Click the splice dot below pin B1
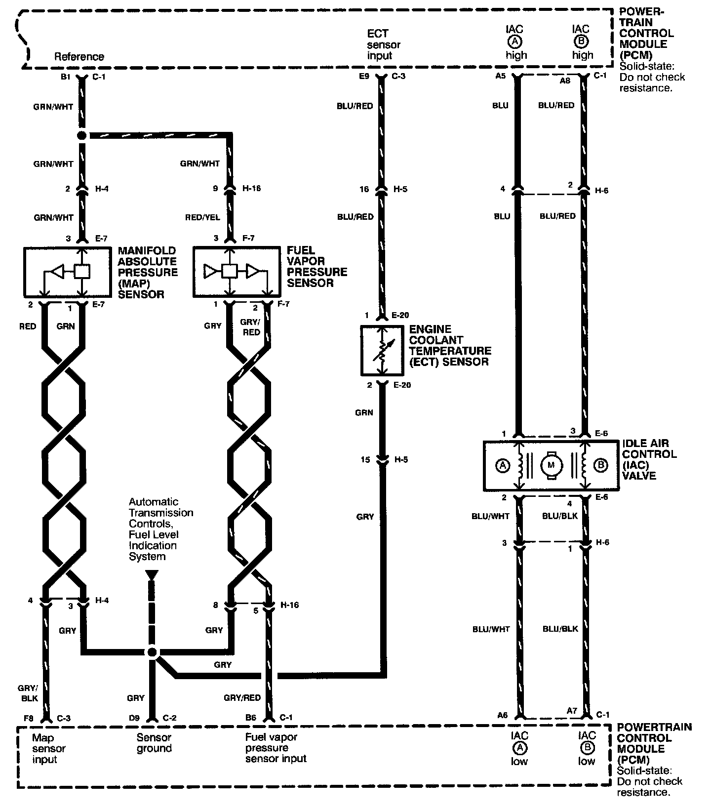pyautogui.click(x=82, y=135)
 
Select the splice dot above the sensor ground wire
pyautogui.click(x=152, y=652)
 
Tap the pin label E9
pyautogui.click(x=364, y=77)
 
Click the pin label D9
pyautogui.click(x=134, y=718)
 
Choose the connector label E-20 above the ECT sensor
pyautogui.click(x=400, y=315)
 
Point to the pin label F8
pyautogui.click(x=28, y=718)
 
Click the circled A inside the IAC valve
pyautogui.click(x=503, y=465)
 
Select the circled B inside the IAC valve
pyautogui.click(x=600, y=465)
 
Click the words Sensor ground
pyautogui.click(x=154, y=743)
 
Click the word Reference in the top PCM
pyautogui.click(x=79, y=57)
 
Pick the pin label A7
pyautogui.click(x=572, y=711)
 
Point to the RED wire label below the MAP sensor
pyautogui.click(x=28, y=326)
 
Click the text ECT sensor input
pyautogui.click(x=384, y=44)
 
